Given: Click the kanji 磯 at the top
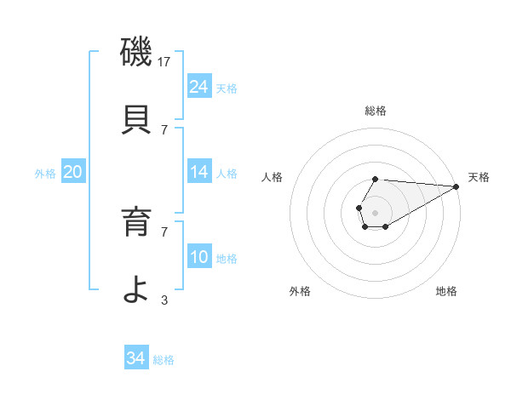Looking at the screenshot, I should click(136, 51).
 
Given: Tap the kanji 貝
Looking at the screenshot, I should click(136, 119).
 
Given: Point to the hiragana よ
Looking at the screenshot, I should click(136, 289).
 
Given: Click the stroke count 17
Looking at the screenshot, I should click(165, 62).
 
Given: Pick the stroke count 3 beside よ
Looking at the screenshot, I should click(164, 300).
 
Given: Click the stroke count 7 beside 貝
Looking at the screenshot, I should click(164, 130).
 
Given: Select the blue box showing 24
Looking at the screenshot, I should click(199, 87).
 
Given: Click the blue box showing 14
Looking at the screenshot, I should click(199, 172).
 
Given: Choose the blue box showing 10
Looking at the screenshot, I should click(199, 257).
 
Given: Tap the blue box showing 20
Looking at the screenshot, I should click(72, 172).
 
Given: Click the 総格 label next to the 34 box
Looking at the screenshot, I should click(164, 360).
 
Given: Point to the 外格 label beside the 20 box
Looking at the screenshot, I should click(45, 174).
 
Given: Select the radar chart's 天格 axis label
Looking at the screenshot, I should click(479, 177).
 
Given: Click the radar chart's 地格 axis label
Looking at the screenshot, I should click(446, 291).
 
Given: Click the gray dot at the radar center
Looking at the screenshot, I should click(375, 211).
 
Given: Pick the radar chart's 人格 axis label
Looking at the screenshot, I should click(273, 177).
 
